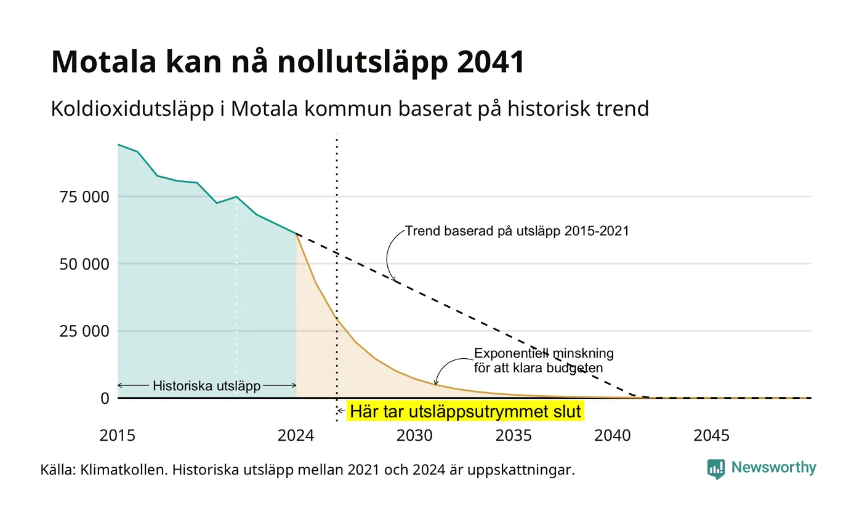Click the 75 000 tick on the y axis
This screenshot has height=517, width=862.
click(x=84, y=197)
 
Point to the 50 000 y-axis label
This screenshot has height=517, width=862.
click(x=84, y=264)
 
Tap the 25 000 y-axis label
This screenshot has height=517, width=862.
click(x=84, y=331)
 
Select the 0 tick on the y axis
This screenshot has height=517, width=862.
click(x=105, y=399)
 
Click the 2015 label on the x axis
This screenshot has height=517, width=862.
click(x=118, y=436)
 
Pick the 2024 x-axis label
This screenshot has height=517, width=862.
click(x=296, y=436)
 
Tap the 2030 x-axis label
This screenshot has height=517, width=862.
click(x=414, y=436)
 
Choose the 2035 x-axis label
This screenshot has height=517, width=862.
click(x=514, y=436)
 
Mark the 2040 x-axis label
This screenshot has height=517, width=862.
click(x=612, y=436)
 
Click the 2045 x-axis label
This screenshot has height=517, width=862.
click(x=711, y=436)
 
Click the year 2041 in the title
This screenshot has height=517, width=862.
click(x=491, y=62)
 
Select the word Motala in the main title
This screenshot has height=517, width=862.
click(x=104, y=62)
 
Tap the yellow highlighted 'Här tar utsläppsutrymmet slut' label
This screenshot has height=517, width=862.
click(x=465, y=411)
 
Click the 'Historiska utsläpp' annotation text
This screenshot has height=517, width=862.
click(x=207, y=386)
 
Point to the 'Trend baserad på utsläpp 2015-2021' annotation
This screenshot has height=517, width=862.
click(x=517, y=231)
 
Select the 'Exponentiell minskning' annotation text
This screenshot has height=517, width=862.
click(x=544, y=353)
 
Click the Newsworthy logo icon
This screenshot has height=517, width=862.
click(x=715, y=469)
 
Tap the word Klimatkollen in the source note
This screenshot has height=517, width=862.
click(x=124, y=470)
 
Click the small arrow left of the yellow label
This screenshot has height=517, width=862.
click(x=341, y=411)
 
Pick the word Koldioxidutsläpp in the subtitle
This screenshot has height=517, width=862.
click(x=132, y=109)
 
